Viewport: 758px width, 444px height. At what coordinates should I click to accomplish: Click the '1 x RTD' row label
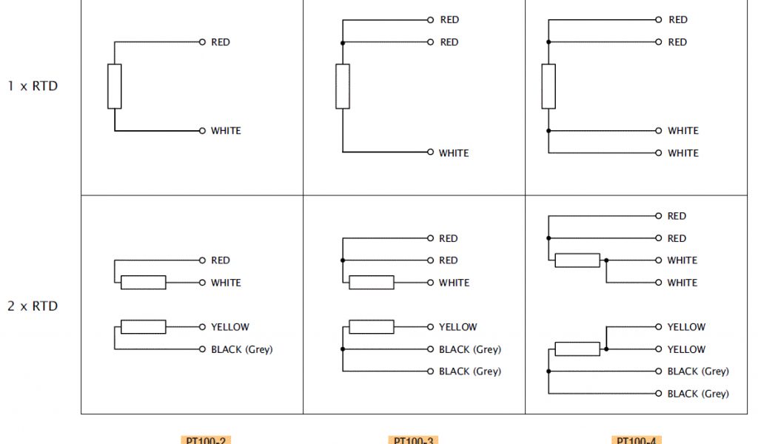(x=33, y=86)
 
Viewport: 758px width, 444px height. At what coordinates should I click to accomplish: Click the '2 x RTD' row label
(x=33, y=306)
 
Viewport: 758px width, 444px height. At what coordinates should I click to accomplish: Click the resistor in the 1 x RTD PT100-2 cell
(x=115, y=87)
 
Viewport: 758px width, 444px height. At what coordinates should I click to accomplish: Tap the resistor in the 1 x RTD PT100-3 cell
(x=343, y=87)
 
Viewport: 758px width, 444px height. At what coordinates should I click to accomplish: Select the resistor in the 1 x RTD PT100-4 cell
(x=549, y=87)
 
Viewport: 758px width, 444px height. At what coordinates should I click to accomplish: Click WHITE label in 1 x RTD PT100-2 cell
(x=226, y=131)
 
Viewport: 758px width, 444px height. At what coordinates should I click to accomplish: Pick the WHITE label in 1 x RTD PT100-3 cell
(x=454, y=153)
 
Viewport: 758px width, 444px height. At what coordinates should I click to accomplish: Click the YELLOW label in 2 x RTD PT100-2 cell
(x=230, y=327)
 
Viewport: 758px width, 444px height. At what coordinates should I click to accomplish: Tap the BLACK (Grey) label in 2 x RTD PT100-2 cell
(x=241, y=349)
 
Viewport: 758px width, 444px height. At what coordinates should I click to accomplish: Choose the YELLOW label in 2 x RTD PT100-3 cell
(x=458, y=327)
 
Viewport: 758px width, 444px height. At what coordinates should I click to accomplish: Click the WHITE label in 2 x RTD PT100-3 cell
(x=454, y=283)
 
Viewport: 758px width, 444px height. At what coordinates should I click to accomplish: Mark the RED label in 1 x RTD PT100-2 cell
(x=221, y=42)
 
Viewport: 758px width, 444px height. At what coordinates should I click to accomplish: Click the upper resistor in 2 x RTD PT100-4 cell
(x=577, y=260)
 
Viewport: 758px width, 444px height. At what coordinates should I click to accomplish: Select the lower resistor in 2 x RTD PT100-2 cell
(x=144, y=327)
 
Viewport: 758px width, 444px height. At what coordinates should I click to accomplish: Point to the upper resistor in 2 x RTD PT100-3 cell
(x=372, y=283)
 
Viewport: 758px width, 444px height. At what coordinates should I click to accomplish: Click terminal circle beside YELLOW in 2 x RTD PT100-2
(x=201, y=327)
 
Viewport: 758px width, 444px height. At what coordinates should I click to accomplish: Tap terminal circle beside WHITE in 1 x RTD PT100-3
(x=429, y=153)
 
